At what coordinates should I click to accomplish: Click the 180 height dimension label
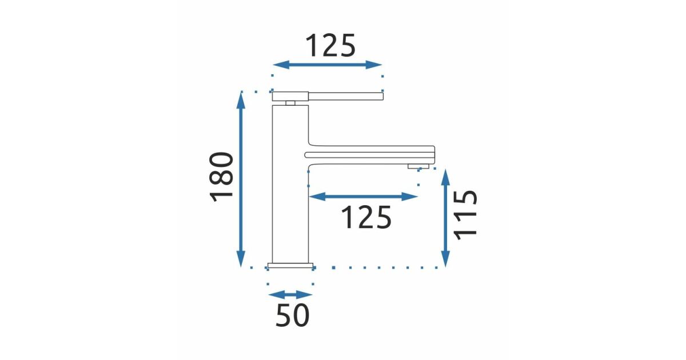click(x=221, y=177)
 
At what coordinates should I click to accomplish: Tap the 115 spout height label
click(x=465, y=215)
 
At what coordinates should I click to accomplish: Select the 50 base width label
click(x=293, y=315)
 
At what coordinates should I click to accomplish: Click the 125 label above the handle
click(x=330, y=45)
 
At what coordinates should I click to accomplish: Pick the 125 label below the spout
click(x=366, y=217)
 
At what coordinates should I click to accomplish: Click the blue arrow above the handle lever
click(x=327, y=65)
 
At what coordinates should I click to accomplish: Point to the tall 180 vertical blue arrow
click(x=241, y=179)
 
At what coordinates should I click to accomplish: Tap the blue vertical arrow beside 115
click(x=445, y=218)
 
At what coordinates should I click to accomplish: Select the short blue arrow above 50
click(x=290, y=295)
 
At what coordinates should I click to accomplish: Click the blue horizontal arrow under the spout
click(x=363, y=197)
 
